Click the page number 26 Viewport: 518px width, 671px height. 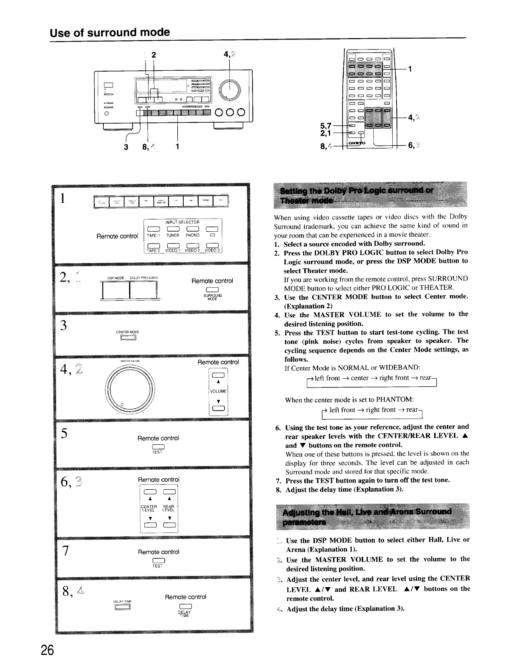click(x=47, y=650)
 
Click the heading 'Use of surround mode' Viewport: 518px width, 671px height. click(x=110, y=32)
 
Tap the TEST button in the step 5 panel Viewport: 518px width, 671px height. click(x=157, y=446)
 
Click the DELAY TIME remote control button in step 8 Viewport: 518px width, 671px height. click(x=185, y=606)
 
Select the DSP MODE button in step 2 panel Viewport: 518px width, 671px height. click(x=116, y=290)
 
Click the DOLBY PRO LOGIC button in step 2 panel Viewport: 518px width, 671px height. click(x=143, y=290)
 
